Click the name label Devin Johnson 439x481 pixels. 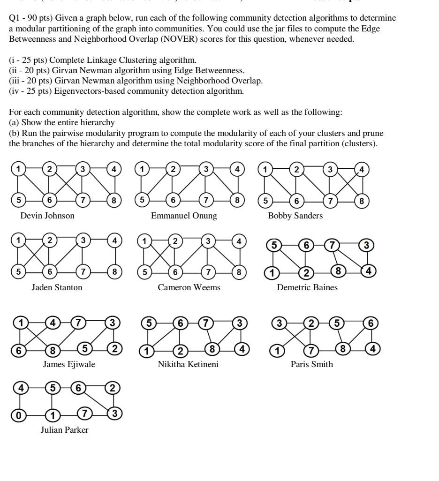click(x=47, y=216)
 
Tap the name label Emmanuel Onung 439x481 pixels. click(x=184, y=216)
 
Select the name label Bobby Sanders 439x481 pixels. click(x=295, y=216)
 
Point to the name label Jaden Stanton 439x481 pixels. click(x=57, y=287)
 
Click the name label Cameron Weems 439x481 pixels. click(x=189, y=287)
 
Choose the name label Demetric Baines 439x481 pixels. click(x=307, y=287)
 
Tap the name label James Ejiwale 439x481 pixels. click(x=69, y=364)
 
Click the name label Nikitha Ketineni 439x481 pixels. click(x=188, y=364)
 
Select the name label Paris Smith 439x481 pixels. click(x=311, y=364)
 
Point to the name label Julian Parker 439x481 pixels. click(x=64, y=430)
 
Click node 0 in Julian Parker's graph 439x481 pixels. click(x=19, y=414)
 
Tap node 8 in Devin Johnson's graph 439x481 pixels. click(x=113, y=201)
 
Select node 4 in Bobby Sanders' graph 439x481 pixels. click(x=362, y=169)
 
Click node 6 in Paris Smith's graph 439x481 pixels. click(x=371, y=323)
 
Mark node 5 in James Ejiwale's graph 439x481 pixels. click(x=84, y=348)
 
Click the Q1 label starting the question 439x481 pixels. click(x=16, y=18)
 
